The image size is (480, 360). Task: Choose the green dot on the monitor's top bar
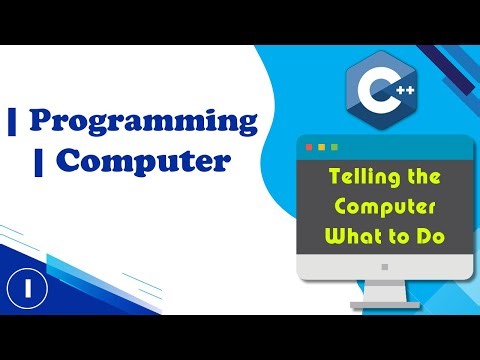(x=334, y=148)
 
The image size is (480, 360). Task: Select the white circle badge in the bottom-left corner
(x=22, y=290)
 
